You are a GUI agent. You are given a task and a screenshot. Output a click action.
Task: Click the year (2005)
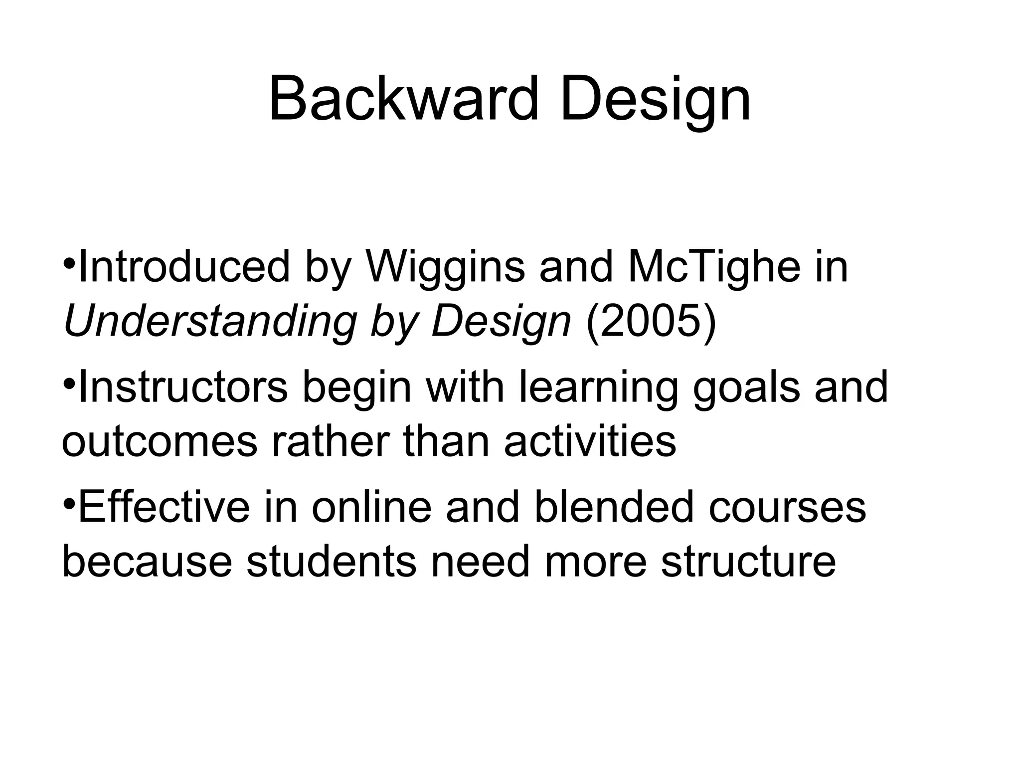point(651,322)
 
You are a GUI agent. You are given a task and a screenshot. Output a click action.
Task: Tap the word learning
point(599,387)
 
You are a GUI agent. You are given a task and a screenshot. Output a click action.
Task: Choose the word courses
point(787,508)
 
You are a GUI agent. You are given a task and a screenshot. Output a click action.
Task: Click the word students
point(331,562)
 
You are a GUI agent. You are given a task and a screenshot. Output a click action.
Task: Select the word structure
point(748,562)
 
